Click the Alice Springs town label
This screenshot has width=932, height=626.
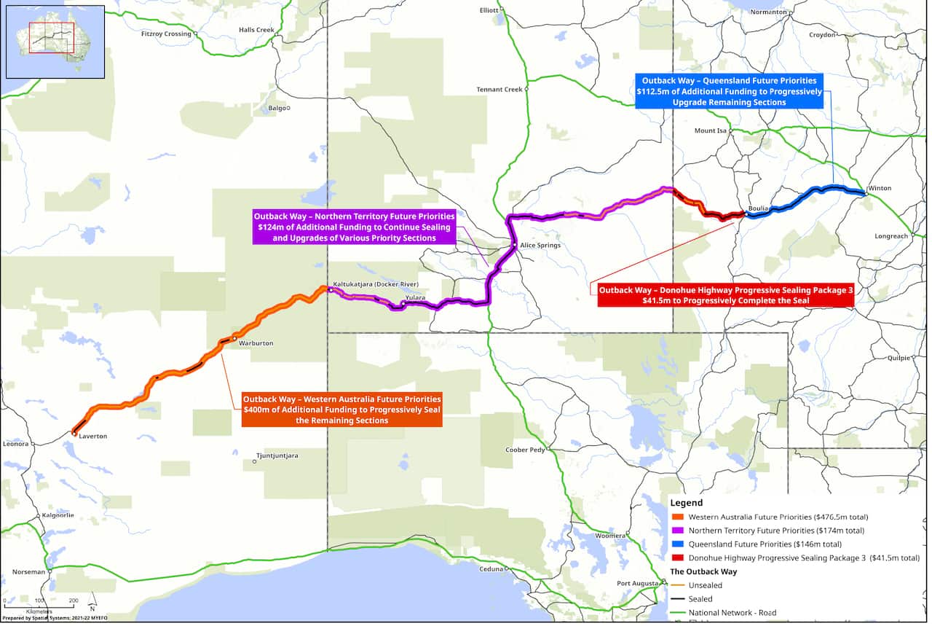point(540,246)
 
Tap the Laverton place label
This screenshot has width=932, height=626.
point(92,437)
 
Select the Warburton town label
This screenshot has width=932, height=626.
point(256,343)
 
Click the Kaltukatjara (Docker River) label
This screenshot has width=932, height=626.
point(376,284)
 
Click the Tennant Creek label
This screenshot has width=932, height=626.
point(499,90)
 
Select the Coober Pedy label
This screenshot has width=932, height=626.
point(525,450)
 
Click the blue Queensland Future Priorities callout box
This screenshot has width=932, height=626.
point(729,91)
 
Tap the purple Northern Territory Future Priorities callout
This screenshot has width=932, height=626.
point(354,227)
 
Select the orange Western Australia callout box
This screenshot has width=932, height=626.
point(341,410)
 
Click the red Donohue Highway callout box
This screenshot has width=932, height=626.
point(725,295)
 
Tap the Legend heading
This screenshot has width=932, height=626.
point(686,503)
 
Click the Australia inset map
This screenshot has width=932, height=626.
point(55,42)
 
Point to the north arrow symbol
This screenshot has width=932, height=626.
point(92,605)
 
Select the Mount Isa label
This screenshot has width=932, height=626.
point(711,131)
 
